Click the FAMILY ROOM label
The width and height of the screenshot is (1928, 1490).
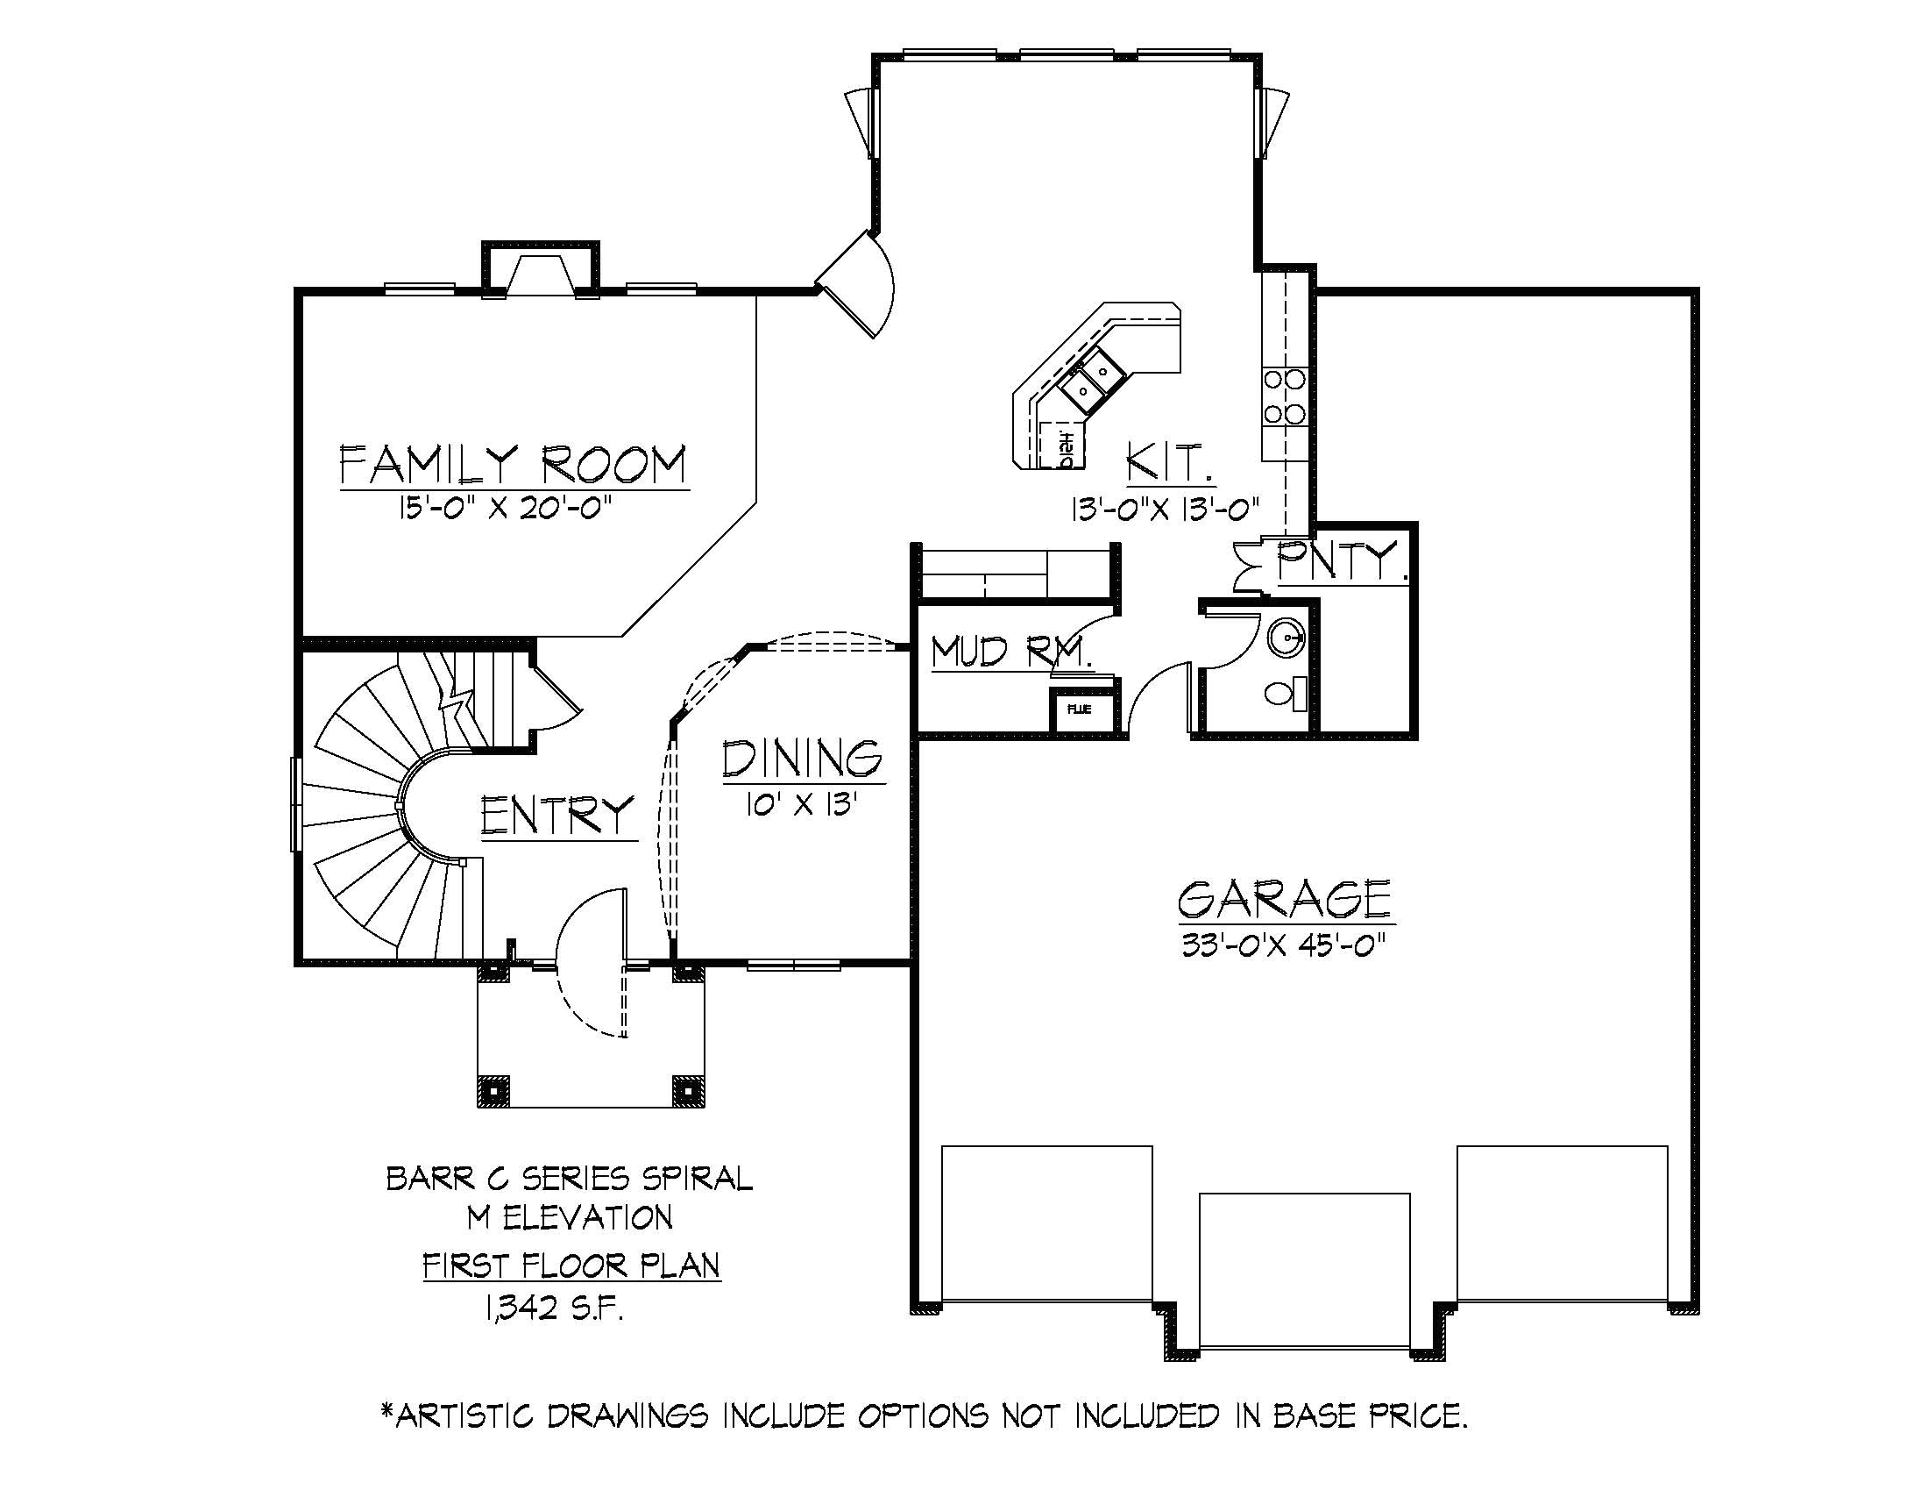coord(513,466)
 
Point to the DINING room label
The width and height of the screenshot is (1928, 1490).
coord(803,759)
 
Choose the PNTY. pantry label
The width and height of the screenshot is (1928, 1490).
coord(1340,561)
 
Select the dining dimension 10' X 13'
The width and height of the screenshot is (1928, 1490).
coord(802,804)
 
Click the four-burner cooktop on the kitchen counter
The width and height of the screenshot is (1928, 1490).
coord(1285,396)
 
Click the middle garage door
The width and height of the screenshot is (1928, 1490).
coord(1304,1270)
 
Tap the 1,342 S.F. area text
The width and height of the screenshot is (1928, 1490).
coord(555,1308)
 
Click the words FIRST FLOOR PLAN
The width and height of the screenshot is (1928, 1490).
coord(571,1265)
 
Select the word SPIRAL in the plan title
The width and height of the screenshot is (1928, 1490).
coord(695,1178)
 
